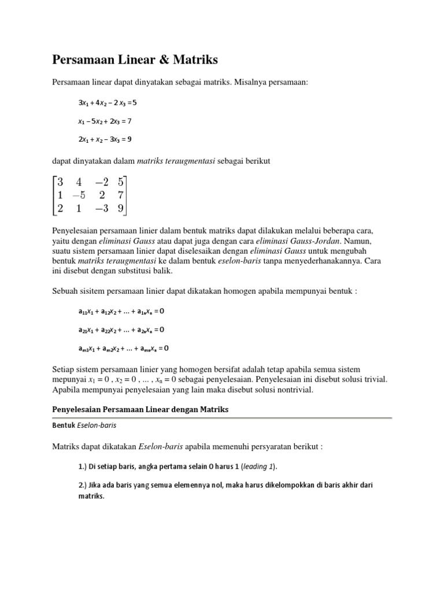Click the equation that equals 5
point(108,103)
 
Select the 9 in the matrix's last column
point(120,208)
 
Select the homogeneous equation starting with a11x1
point(121,311)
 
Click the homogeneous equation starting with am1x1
point(124,348)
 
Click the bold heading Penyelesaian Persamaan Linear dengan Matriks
point(141,409)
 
